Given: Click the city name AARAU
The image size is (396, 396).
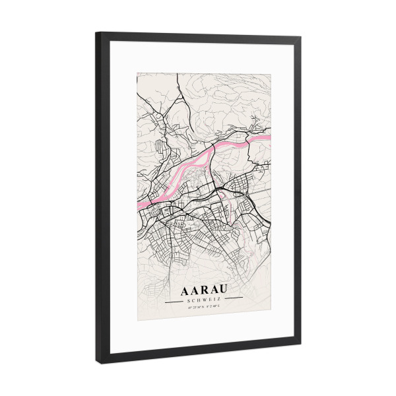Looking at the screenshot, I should pos(204,290).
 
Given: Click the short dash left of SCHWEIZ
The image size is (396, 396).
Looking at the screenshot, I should pos(175,300).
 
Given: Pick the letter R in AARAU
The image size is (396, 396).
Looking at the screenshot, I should pos(204,290).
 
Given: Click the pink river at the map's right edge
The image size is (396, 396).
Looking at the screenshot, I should pos(267,137).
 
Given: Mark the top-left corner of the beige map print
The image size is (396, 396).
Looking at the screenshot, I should pos(137,73).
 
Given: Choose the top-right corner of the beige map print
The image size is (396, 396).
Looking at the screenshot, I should pos(271,75).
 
